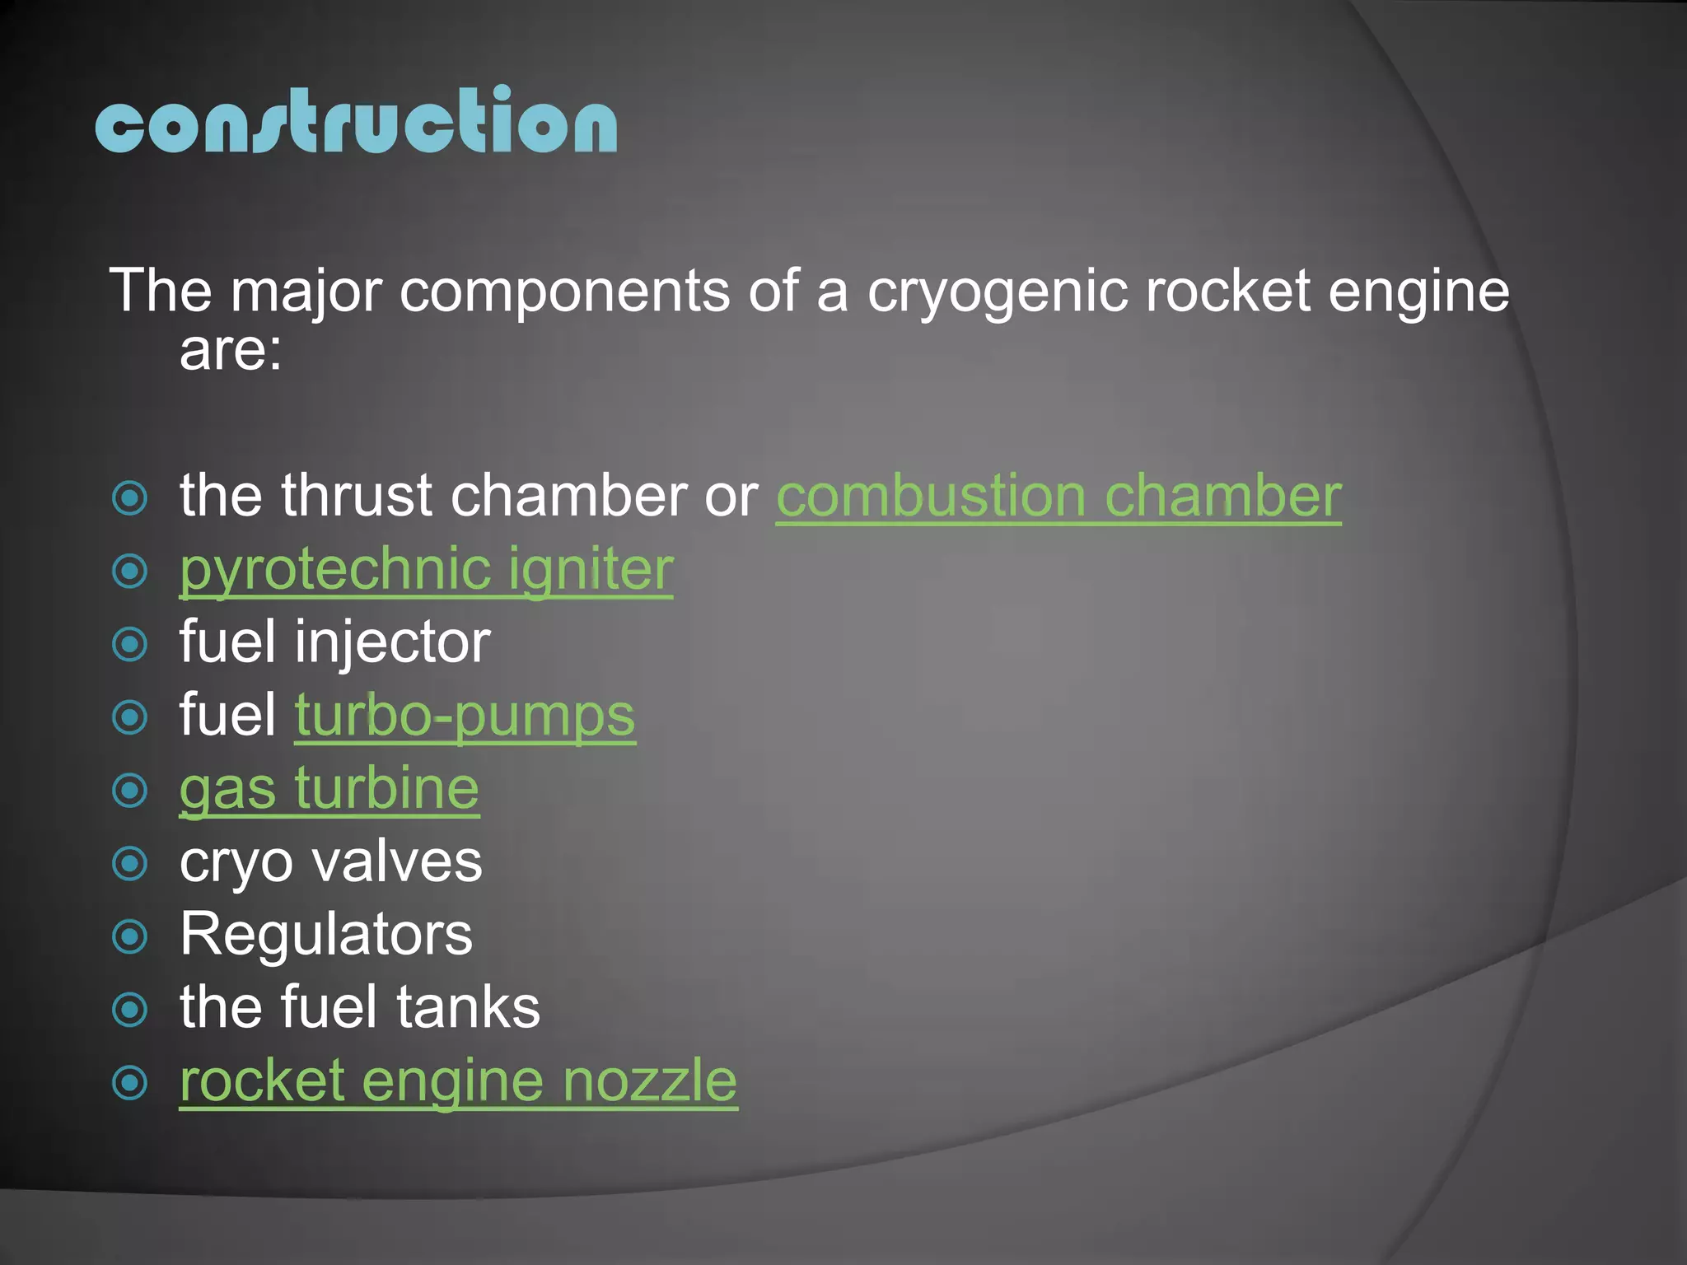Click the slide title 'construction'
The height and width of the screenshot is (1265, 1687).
point(356,121)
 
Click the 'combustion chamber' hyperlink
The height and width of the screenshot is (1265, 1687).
point(1058,496)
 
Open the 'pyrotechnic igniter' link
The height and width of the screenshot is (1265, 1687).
point(426,569)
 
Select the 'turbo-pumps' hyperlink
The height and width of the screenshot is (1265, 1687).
point(465,716)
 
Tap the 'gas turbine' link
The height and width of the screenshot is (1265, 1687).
point(329,789)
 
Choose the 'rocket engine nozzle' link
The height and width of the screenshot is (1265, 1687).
point(458,1081)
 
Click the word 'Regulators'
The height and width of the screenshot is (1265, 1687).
point(326,935)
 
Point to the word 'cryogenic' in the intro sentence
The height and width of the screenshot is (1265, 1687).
point(997,292)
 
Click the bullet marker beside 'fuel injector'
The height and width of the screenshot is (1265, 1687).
point(129,644)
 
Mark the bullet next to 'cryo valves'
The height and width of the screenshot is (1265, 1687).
point(129,864)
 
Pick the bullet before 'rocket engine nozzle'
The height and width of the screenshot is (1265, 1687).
point(129,1083)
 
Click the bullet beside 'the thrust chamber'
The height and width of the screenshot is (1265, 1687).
point(129,498)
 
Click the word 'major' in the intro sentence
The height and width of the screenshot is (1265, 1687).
point(306,292)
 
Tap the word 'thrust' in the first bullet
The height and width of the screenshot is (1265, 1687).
point(356,496)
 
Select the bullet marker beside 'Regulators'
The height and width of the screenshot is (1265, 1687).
point(129,936)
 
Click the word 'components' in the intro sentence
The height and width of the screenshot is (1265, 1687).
point(564,292)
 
